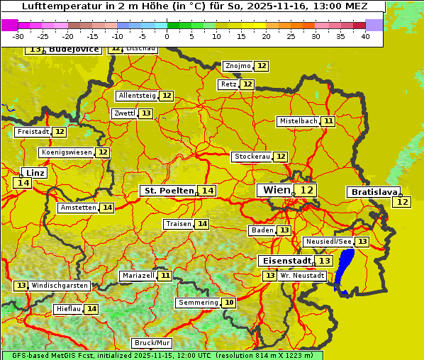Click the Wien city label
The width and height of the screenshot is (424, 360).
pos(276,190)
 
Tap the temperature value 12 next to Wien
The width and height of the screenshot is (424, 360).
pos(306,190)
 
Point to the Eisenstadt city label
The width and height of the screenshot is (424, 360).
pos(284,261)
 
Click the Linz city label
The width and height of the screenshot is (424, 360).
pos(35,173)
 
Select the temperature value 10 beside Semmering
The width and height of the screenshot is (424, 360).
pos(228,303)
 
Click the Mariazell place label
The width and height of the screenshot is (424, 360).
pos(138,275)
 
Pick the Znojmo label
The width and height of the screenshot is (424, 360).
pos(238,66)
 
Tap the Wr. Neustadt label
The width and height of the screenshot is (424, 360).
pos(302,275)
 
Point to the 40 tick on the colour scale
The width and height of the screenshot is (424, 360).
pos(365,36)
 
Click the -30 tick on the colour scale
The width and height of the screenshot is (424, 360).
pos(18,36)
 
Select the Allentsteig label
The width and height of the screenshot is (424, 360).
pos(137,96)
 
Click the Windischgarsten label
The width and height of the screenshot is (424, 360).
pos(60,286)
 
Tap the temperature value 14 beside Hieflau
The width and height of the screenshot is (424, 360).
pos(91,309)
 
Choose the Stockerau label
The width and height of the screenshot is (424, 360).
pos(252,157)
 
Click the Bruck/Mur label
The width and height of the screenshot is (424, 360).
pos(152,343)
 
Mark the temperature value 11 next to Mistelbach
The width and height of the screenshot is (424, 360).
pos(328,121)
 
